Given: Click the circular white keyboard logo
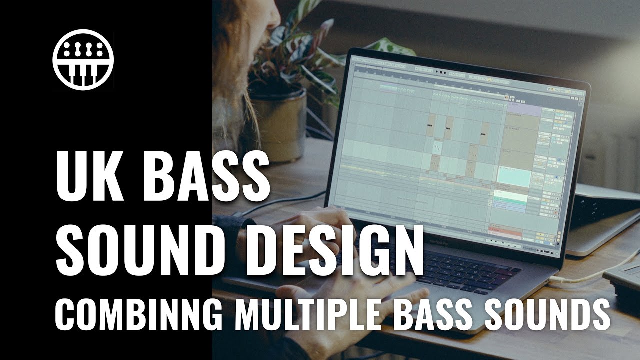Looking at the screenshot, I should (x=83, y=60).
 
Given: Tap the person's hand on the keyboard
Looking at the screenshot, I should (x=320, y=225).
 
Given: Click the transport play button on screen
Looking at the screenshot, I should (x=437, y=73).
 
